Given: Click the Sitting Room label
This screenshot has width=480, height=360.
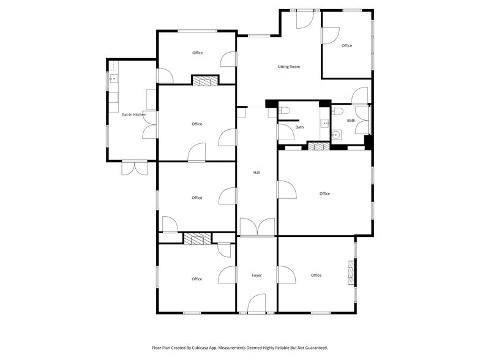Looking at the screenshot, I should [289, 67].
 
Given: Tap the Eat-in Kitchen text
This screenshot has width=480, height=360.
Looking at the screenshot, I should [134, 114].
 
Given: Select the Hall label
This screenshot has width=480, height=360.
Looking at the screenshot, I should [257, 173].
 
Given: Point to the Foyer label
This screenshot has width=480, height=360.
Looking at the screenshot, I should [257, 276].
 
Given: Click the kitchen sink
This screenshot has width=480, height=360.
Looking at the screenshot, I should [113, 79].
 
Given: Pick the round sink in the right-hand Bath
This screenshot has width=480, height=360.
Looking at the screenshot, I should [336, 135].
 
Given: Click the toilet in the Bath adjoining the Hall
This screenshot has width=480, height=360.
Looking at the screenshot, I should [283, 111].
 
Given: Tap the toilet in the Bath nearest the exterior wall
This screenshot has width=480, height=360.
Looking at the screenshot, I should [337, 111].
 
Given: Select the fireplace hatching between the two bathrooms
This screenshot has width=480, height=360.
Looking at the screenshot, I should [317, 146].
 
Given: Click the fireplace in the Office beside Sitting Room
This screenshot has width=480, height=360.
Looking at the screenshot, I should [204, 80].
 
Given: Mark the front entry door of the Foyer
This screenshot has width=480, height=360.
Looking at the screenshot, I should [257, 304].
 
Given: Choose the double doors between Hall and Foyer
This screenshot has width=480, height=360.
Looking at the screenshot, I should [257, 227].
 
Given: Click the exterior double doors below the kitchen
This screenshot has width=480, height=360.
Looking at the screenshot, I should [134, 168].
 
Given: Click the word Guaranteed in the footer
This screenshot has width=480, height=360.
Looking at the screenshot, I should [313, 348].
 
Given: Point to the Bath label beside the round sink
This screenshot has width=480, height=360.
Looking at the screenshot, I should [351, 121].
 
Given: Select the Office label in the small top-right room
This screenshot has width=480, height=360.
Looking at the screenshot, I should [347, 46].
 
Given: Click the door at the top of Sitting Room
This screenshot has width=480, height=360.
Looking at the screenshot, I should [304, 19].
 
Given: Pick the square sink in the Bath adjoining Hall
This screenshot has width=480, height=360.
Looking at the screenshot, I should [325, 124].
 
